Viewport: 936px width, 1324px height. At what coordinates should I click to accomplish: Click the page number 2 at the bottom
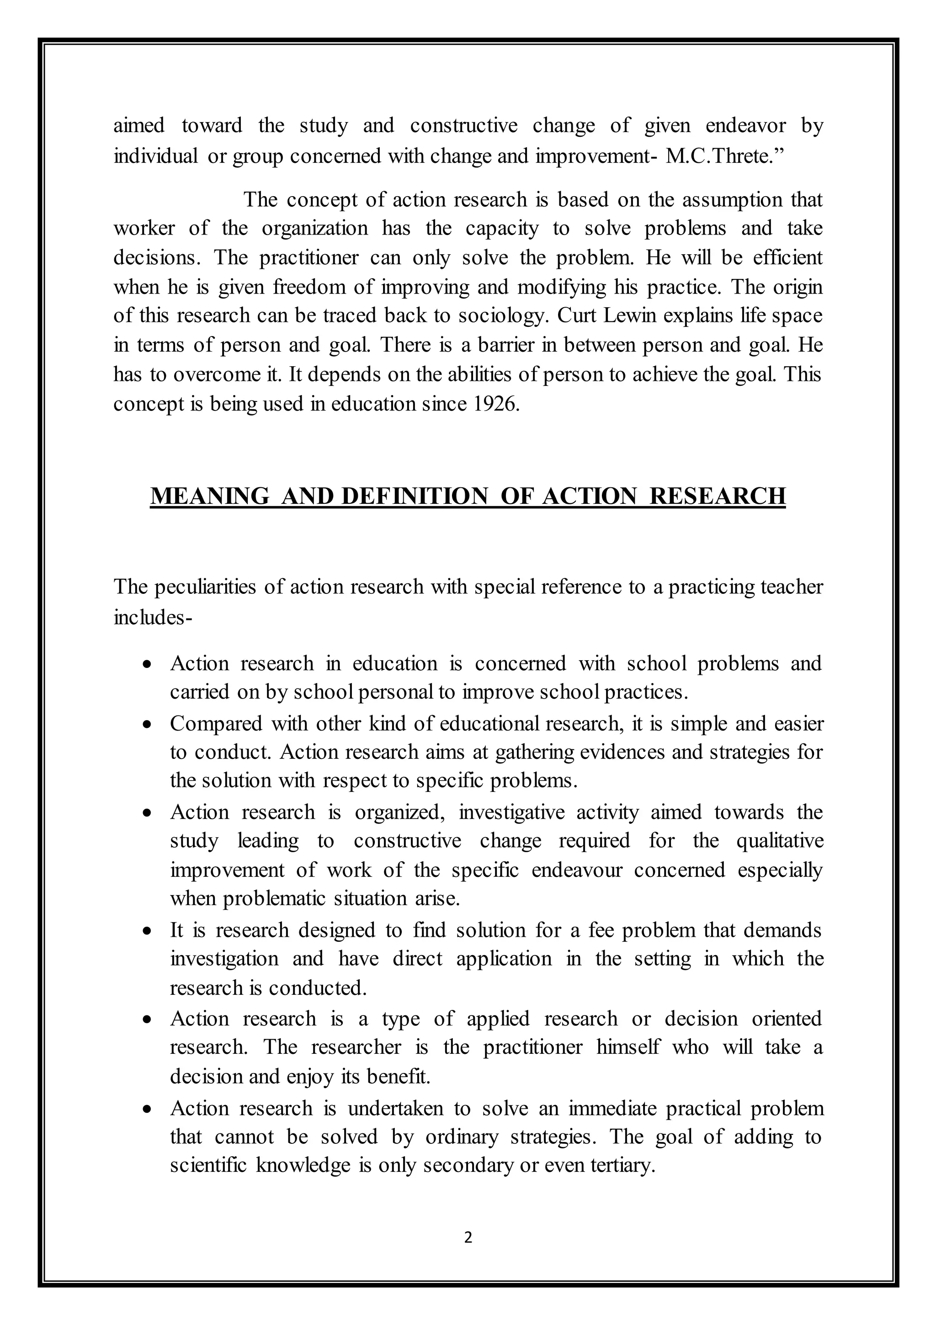coord(468,1237)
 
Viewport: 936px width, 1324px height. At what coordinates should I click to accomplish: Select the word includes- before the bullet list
coord(153,616)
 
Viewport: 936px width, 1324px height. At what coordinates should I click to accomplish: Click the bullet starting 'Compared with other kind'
coord(148,724)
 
